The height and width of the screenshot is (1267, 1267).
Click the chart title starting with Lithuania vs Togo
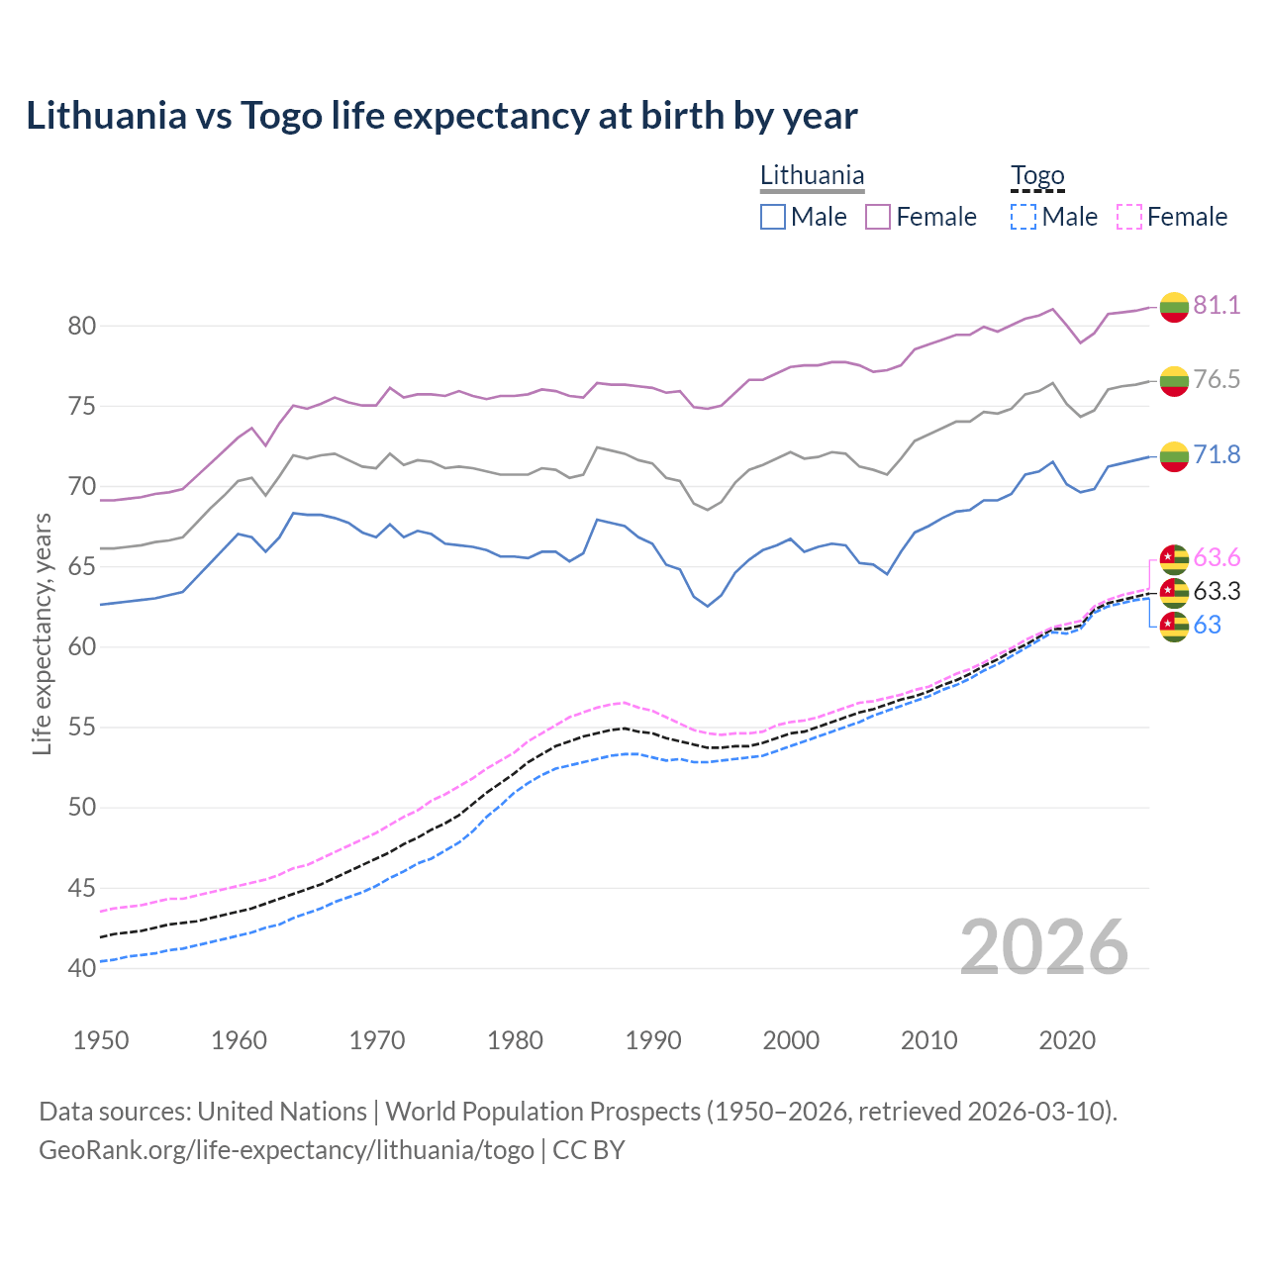[441, 116]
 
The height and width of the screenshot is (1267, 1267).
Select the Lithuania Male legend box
[773, 217]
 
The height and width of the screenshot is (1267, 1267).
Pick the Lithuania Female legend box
[878, 217]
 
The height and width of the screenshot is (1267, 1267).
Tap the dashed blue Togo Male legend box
[1023, 217]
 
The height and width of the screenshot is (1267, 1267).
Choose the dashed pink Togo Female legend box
[1129, 217]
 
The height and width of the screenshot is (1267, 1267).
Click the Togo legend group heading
[1037, 176]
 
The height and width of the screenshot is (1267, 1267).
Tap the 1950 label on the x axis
[101, 1040]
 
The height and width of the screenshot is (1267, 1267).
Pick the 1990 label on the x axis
[653, 1040]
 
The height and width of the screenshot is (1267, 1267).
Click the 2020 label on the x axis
[1067, 1040]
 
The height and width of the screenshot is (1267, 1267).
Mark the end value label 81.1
[1217, 305]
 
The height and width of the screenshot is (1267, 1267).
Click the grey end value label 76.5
[1217, 379]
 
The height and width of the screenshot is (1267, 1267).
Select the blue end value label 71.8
[1217, 454]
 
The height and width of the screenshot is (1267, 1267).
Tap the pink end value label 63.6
[1217, 558]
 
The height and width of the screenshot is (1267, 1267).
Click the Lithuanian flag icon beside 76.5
[1174, 380]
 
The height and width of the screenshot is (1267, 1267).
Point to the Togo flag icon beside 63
[1174, 626]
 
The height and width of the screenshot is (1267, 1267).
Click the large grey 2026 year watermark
[1044, 947]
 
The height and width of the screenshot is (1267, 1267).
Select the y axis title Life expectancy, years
[43, 633]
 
